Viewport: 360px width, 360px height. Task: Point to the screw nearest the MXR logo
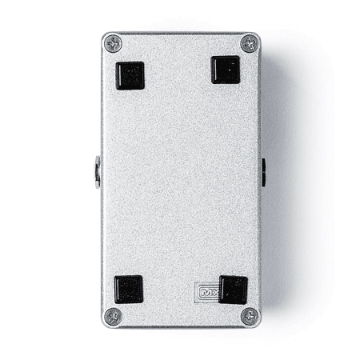pos(249,315)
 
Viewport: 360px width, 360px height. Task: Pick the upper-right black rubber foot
pos(226,70)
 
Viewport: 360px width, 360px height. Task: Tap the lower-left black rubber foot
pos(129,290)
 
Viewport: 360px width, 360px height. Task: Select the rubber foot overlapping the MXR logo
pos(233,290)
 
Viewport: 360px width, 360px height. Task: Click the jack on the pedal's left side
pos(98,171)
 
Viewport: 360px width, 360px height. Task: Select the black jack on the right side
pos(263,171)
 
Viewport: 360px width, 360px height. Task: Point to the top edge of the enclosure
pos(182,34)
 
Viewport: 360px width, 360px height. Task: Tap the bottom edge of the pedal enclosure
pos(182,326)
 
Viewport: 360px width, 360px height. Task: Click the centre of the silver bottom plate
pos(182,180)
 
